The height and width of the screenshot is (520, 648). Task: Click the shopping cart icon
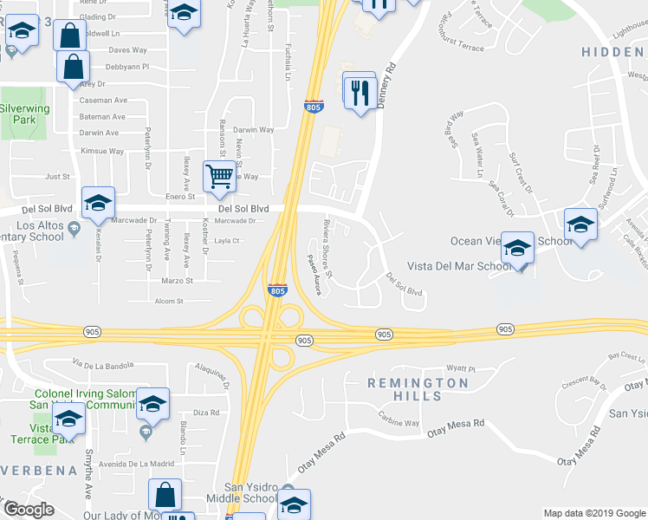tap(220, 176)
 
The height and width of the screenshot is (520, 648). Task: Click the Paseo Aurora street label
tap(313, 274)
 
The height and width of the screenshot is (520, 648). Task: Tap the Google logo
tap(29, 510)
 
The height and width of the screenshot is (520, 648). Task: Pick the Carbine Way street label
tap(398, 424)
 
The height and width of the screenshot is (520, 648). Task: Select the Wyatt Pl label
tap(461, 367)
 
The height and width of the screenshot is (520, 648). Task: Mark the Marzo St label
tap(177, 281)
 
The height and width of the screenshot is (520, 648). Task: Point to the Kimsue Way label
tap(102, 151)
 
